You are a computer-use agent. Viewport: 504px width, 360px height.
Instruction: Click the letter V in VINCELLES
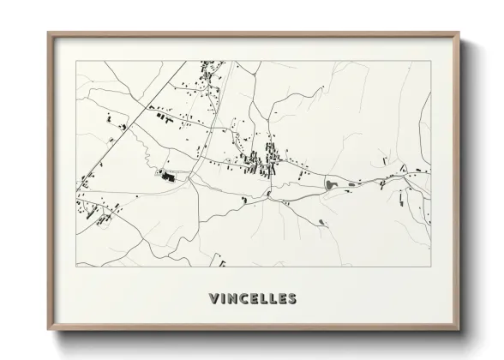(x=213, y=299)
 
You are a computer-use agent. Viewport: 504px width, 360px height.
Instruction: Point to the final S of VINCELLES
(x=292, y=299)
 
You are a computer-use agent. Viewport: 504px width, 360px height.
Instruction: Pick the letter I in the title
(x=222, y=299)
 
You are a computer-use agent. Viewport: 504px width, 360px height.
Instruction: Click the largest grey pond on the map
(x=330, y=183)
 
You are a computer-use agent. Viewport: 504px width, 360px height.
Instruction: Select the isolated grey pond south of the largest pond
(x=321, y=222)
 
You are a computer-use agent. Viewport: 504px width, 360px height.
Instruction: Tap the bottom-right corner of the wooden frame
(x=459, y=330)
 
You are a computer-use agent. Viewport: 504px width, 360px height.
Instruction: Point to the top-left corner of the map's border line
(x=76, y=61)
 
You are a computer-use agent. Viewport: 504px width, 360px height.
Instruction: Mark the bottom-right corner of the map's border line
(x=430, y=267)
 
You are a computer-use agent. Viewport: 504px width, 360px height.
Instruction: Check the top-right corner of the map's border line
(x=430, y=61)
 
